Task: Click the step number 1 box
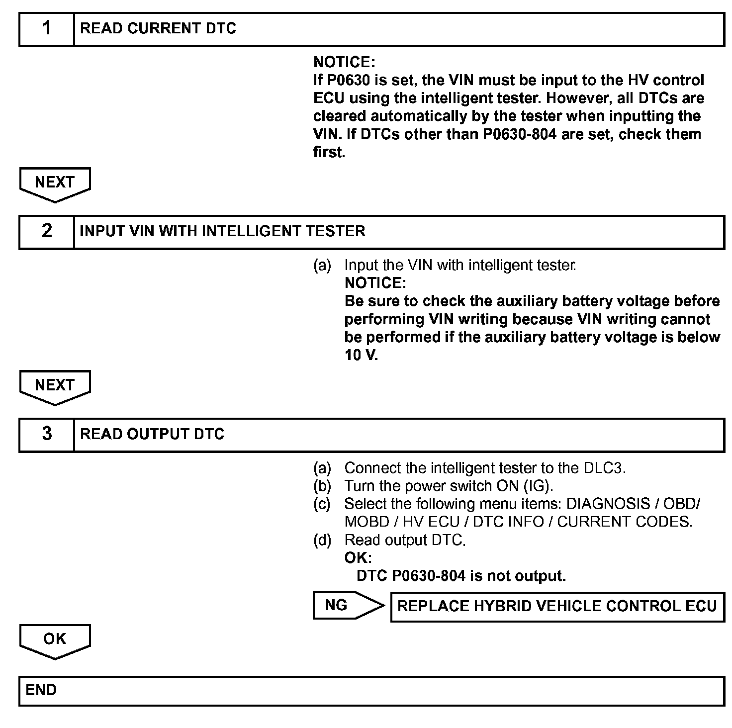click(47, 29)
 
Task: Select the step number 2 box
click(47, 231)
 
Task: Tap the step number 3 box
click(47, 434)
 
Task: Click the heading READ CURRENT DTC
click(158, 29)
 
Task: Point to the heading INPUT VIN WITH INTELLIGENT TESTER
click(222, 231)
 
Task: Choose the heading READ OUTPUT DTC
click(152, 434)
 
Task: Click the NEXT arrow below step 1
click(55, 183)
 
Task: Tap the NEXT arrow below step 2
click(55, 386)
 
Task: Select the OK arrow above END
click(55, 640)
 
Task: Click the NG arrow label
click(337, 605)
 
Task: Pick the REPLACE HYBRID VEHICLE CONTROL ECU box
click(557, 606)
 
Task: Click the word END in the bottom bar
click(41, 690)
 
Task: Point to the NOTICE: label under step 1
click(344, 62)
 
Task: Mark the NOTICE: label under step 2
click(375, 283)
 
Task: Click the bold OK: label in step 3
click(358, 558)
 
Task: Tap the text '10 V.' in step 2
click(361, 356)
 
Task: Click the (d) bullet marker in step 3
click(322, 540)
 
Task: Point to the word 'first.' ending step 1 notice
click(329, 152)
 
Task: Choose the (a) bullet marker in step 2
click(322, 266)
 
